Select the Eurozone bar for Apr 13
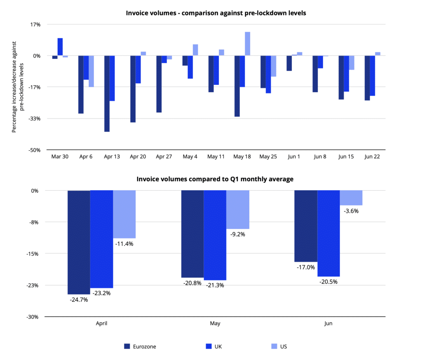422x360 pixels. pyautogui.click(x=107, y=94)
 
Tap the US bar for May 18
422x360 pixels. pyautogui.click(x=247, y=44)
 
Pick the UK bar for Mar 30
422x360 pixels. pyautogui.click(x=60, y=47)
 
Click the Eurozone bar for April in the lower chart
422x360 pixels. pyautogui.click(x=79, y=242)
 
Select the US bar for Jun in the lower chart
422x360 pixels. pyautogui.click(x=351, y=198)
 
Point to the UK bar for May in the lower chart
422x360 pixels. pyautogui.click(x=215, y=235)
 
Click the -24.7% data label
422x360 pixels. pyautogui.click(x=79, y=299)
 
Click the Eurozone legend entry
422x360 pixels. pyautogui.click(x=140, y=346)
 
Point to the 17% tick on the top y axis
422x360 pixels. pyautogui.click(x=35, y=24)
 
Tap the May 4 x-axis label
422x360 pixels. pyautogui.click(x=190, y=157)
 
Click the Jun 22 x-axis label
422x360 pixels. pyautogui.click(x=372, y=157)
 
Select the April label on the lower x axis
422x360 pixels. pyautogui.click(x=101, y=324)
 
